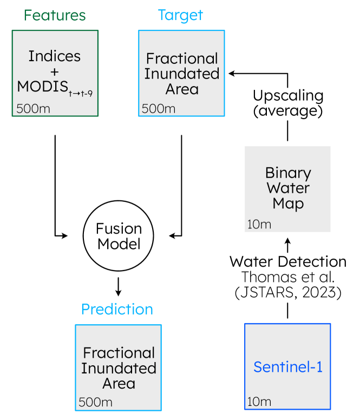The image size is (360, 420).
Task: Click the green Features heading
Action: click(55, 16)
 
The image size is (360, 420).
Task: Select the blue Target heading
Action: click(180, 16)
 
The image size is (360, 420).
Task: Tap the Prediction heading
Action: click(117, 310)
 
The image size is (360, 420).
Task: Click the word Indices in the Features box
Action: click(55, 56)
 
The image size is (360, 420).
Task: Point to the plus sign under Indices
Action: click(55, 71)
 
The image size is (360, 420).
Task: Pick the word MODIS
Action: click(42, 87)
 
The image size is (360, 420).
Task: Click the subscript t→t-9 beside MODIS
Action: click(80, 94)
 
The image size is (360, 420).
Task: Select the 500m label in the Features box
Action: click(33, 108)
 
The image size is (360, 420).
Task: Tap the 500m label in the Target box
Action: click(159, 109)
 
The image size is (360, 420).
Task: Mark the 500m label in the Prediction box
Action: click(95, 402)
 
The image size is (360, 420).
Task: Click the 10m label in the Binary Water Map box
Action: click(259, 224)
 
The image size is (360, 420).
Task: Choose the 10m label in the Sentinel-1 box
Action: click(259, 402)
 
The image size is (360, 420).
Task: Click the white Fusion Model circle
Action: click(119, 236)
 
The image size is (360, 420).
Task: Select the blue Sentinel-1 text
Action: click(288, 367)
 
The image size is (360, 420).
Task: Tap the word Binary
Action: click(288, 173)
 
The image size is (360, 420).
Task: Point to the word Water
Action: click(288, 188)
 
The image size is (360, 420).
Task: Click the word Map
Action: click(288, 204)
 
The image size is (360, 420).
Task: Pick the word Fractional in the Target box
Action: click(182, 58)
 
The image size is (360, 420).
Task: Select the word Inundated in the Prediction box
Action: click(119, 368)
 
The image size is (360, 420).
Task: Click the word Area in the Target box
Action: click(182, 89)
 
